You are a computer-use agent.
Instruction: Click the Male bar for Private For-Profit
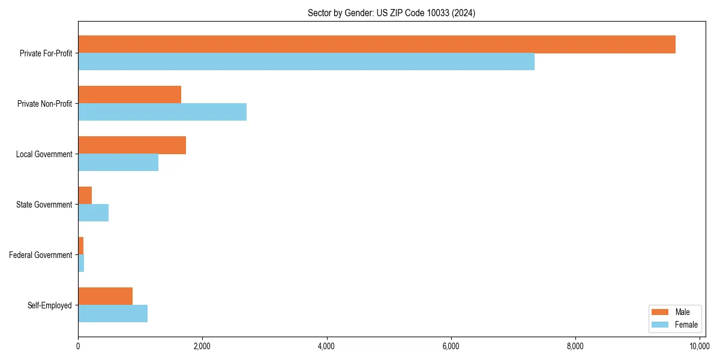click(377, 44)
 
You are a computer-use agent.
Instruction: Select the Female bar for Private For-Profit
click(306, 62)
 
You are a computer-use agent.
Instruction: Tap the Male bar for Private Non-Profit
click(130, 95)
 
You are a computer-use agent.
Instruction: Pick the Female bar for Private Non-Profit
click(162, 112)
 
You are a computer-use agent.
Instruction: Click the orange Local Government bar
click(132, 145)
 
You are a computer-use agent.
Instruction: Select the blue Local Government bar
click(118, 163)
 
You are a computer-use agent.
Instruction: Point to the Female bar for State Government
click(94, 213)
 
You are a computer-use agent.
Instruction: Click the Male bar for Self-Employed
click(105, 296)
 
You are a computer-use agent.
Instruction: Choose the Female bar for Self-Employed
click(113, 314)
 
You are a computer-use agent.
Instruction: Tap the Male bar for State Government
click(85, 196)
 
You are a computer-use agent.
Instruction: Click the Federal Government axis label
click(41, 255)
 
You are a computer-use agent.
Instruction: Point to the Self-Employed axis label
click(50, 305)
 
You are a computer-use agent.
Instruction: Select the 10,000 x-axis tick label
click(699, 346)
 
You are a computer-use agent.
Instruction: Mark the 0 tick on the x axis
click(78, 346)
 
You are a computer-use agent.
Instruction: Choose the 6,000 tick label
click(451, 346)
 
